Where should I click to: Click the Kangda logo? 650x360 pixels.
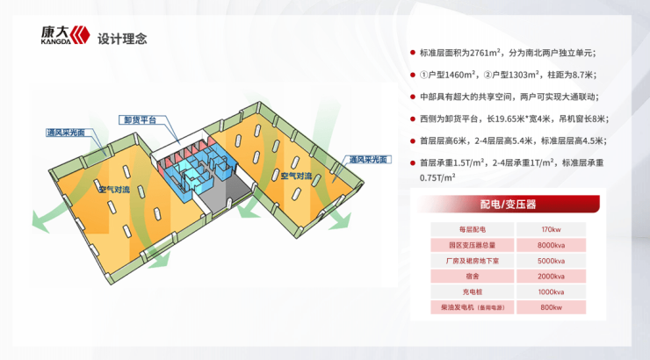65,35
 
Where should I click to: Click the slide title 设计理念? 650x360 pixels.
122,39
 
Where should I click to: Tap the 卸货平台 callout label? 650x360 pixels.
141,120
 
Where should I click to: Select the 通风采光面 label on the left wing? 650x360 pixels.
66,133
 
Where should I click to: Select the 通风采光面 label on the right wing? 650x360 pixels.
368,160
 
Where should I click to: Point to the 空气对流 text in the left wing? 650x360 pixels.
114,190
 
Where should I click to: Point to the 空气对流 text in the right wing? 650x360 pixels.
296,176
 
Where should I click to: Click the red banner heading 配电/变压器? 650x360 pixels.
508,205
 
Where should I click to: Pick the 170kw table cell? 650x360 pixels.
551,229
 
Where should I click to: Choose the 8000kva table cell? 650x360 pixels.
551,245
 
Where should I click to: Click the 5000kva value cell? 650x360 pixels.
551,261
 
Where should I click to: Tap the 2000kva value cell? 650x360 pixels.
551,277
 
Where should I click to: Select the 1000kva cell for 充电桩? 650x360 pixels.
551,292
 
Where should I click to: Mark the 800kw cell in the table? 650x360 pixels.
551,307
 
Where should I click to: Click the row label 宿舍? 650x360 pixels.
473,277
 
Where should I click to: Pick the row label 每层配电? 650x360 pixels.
473,229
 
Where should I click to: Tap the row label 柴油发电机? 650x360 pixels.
458,307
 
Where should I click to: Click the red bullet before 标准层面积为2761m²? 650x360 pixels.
413,53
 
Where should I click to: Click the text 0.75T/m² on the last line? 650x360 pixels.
437,177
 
